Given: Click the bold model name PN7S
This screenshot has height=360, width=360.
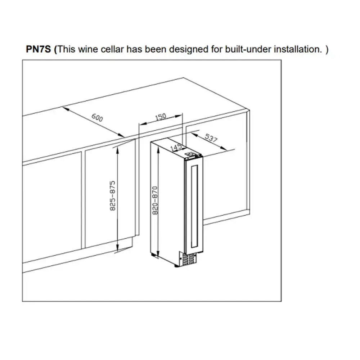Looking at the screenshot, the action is [39, 49].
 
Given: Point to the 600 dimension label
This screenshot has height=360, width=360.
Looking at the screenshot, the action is [97, 118].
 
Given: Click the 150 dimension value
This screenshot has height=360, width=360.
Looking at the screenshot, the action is [161, 117].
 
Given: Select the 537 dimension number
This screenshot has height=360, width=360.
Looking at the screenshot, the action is [211, 138].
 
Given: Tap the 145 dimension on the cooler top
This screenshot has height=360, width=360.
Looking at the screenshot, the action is [176, 147].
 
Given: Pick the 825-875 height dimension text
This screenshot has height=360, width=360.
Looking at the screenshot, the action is [112, 196].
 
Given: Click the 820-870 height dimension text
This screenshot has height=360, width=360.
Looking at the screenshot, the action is [155, 201].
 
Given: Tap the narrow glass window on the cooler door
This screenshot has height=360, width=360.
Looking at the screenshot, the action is [194, 206].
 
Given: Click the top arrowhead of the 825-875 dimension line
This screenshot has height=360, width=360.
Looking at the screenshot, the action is [117, 150].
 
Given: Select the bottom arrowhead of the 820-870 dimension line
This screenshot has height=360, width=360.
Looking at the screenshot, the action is [158, 254].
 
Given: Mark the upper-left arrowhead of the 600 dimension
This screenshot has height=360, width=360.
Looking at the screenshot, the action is [65, 108].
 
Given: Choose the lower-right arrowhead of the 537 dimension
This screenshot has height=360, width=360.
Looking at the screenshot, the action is [224, 148].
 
